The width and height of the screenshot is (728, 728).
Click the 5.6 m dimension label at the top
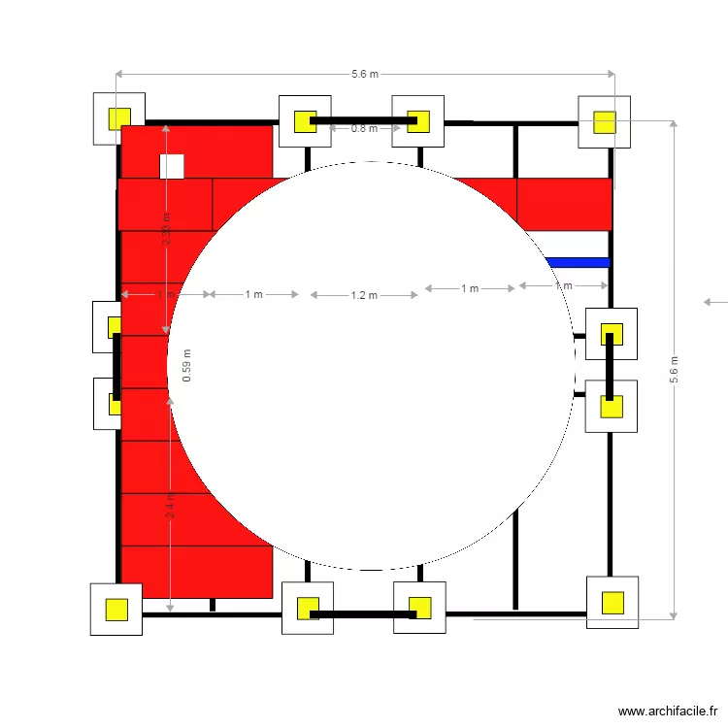(x=365, y=74)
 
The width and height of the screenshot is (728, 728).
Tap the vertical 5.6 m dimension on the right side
(x=675, y=369)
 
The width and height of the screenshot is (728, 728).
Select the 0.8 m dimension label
(x=364, y=128)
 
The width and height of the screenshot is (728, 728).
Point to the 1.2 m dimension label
(x=364, y=295)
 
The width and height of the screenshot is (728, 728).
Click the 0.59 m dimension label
(x=187, y=365)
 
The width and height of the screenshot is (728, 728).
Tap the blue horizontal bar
(x=578, y=262)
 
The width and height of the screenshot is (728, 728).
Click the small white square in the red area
(x=172, y=167)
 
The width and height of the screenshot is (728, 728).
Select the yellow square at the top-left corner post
(x=119, y=118)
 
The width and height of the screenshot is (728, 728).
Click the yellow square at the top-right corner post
(x=604, y=121)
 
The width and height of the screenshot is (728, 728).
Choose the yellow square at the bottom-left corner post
(x=116, y=610)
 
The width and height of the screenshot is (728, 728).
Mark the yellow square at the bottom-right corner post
(x=612, y=603)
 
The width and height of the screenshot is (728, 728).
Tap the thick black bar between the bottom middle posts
(x=363, y=613)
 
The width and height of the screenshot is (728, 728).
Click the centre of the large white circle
(x=372, y=366)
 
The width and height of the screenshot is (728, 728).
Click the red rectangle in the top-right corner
(x=564, y=204)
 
